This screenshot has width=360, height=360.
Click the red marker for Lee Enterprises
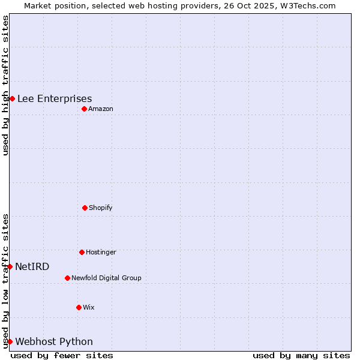[x=12, y=98]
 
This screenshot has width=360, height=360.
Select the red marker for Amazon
[x=85, y=109]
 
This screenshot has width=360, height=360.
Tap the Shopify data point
[x=85, y=208]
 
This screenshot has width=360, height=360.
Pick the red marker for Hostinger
[x=82, y=252]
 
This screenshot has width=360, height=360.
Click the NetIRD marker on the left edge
[x=10, y=266]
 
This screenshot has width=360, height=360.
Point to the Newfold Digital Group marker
[x=67, y=278]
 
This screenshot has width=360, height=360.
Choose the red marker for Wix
[x=79, y=307]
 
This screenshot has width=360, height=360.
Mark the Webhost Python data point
[x=10, y=341]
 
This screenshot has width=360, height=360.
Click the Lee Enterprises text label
[x=55, y=99]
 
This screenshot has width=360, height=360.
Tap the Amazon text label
[x=101, y=109]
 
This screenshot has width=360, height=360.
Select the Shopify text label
[x=100, y=208]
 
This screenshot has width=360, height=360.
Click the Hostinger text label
[x=101, y=252]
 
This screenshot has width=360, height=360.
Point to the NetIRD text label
[x=32, y=267]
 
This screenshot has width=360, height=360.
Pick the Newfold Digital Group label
[x=106, y=278]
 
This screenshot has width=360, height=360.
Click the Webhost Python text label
[x=54, y=342]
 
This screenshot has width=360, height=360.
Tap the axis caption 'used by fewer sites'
[x=62, y=355]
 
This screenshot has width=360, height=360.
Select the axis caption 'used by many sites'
[x=301, y=355]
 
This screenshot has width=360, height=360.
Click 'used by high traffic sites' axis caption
[x=5, y=85]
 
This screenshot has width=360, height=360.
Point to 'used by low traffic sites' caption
[x=5, y=281]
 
